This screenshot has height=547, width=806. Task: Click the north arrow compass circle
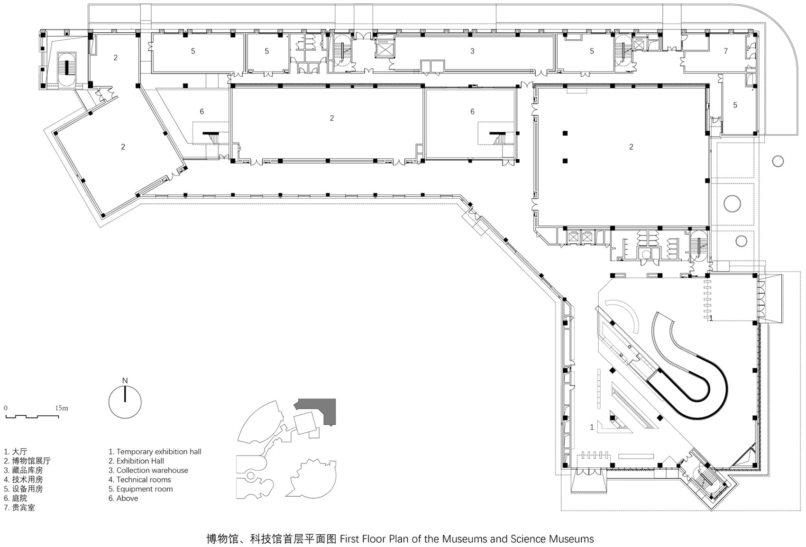(125, 402)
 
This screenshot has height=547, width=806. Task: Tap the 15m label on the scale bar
(62, 408)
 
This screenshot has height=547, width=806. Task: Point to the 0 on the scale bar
(6, 408)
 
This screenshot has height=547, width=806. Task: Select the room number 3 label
(472, 51)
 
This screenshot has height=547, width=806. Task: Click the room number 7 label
(725, 51)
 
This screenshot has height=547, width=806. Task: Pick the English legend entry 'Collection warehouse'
(148, 470)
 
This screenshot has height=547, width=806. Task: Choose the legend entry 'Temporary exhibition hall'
(155, 452)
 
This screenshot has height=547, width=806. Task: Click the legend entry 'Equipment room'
(140, 489)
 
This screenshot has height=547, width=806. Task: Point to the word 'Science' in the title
(528, 539)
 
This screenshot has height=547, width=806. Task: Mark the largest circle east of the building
(732, 203)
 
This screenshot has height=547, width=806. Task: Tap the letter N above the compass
(125, 381)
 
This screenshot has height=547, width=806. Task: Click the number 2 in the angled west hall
(123, 147)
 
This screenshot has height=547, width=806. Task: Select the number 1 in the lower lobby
(592, 427)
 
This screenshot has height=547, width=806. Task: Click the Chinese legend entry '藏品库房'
(23, 470)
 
